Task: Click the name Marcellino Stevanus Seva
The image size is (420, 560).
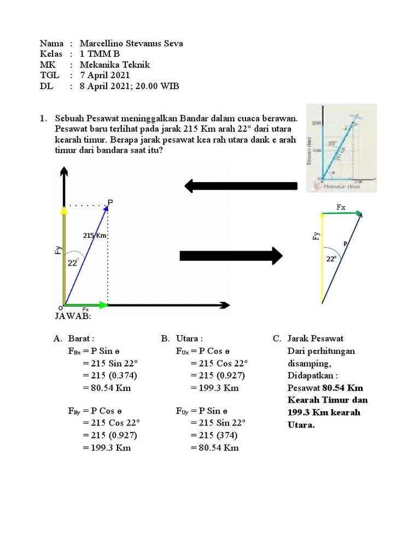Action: tap(131, 44)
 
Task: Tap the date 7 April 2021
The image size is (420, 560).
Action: tap(105, 75)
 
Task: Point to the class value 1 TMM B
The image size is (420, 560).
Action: tap(100, 54)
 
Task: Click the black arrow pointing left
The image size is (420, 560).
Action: tap(241, 186)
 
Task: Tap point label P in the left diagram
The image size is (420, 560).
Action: tap(110, 203)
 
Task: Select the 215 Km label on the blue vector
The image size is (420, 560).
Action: tap(95, 236)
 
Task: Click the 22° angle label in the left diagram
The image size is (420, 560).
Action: tap(73, 263)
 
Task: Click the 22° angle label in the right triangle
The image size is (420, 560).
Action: tap(331, 259)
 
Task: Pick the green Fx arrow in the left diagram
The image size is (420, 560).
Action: tap(86, 305)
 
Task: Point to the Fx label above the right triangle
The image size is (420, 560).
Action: tap(341, 207)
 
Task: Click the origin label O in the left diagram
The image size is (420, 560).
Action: tap(60, 308)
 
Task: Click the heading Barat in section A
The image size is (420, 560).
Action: tap(81, 339)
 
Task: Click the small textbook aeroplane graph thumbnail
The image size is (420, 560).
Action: tap(341, 148)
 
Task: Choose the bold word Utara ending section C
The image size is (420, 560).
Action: tap(301, 425)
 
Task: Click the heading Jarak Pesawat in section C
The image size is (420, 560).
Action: tap(315, 339)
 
